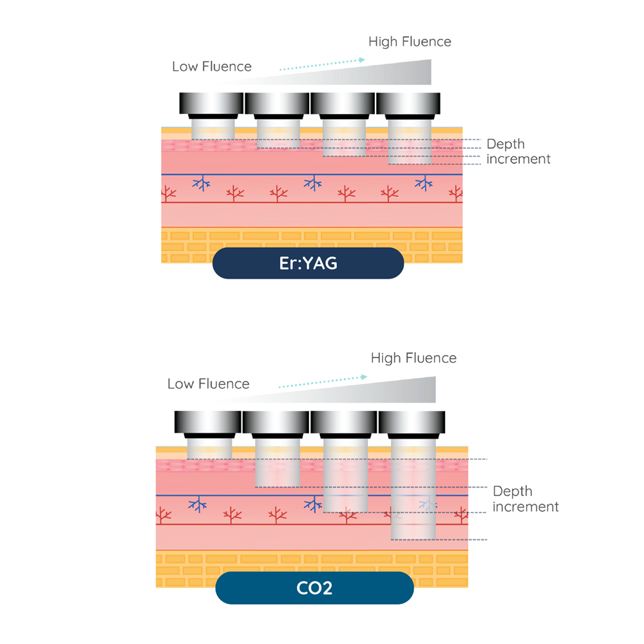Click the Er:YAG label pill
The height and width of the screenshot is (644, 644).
[308, 263]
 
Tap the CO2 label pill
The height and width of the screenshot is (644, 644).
[314, 587]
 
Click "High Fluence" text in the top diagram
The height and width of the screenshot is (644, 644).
[410, 42]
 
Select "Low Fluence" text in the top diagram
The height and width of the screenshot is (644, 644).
[212, 66]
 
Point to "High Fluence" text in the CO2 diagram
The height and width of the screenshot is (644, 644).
[413, 358]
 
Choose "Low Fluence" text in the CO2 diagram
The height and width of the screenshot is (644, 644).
[208, 384]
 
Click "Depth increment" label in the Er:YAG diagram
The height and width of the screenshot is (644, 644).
[518, 151]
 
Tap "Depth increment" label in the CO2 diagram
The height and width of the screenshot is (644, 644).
[526, 499]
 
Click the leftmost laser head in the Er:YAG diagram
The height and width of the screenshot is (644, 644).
[211, 104]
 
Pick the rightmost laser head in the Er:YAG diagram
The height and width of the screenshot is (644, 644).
[408, 104]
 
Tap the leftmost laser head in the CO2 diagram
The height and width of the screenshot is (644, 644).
[207, 422]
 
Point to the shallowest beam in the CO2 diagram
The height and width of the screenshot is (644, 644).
[209, 449]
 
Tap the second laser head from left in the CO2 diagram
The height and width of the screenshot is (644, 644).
[276, 422]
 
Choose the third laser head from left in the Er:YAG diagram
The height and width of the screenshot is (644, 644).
[343, 104]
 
